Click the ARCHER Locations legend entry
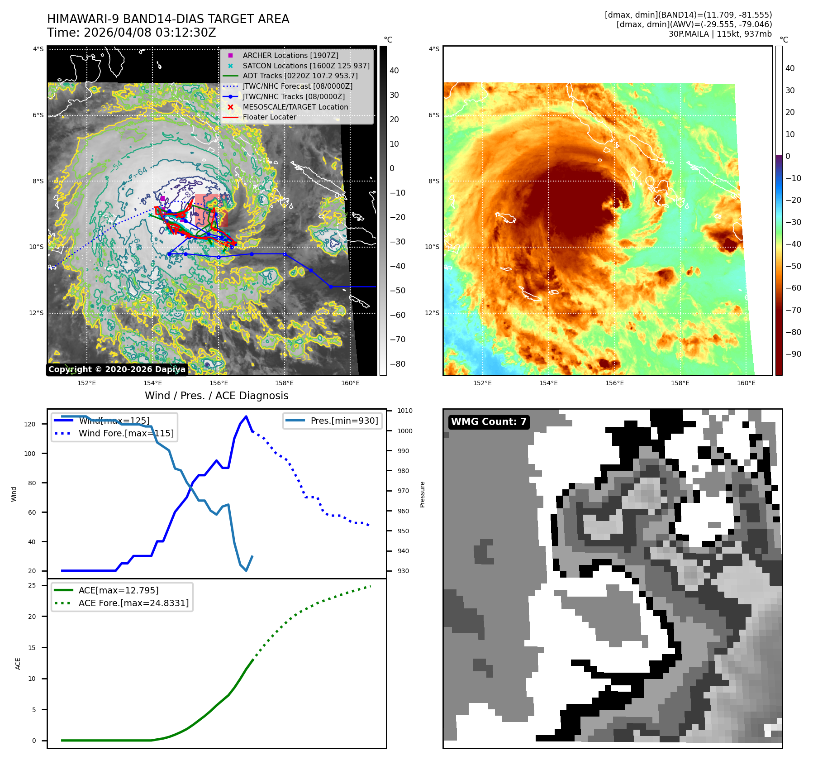pyautogui.click(x=290, y=55)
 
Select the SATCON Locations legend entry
pyautogui.click(x=306, y=66)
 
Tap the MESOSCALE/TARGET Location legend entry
pyautogui.click(x=295, y=107)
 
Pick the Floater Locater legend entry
pyautogui.click(x=269, y=117)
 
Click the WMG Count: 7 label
pyautogui.click(x=489, y=422)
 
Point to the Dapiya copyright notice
pyautogui.click(x=117, y=369)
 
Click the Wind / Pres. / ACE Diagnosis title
pyautogui.click(x=216, y=396)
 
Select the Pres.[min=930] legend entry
pyautogui.click(x=344, y=421)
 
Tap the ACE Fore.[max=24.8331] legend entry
pyautogui.click(x=133, y=603)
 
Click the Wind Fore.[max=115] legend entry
pyautogui.click(x=126, y=433)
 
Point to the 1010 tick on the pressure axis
pyautogui.click(x=405, y=411)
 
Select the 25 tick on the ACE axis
pyautogui.click(x=32, y=585)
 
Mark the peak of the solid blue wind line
pyautogui.click(x=246, y=416)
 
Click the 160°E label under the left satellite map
pyautogui.click(x=350, y=383)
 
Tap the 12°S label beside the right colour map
pyautogui.click(x=432, y=313)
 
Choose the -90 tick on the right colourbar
pyautogui.click(x=793, y=354)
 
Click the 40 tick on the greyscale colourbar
pyautogui.click(x=394, y=71)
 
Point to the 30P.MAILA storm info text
pyautogui.click(x=720, y=34)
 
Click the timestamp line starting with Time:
pyautogui.click(x=131, y=33)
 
